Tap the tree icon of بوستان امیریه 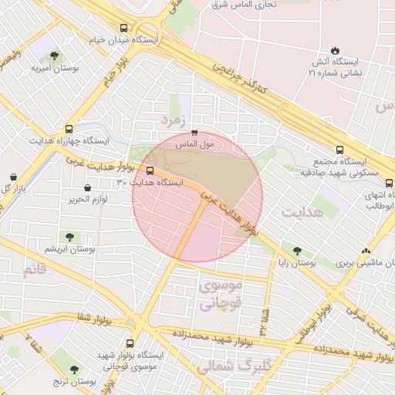coord(54,55)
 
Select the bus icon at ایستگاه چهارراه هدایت coord(70,130)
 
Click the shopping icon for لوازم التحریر coord(86,187)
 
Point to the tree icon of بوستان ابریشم coord(70,237)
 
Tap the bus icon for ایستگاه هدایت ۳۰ coord(150,171)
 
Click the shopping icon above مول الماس coord(194,132)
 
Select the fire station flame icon coord(334,47)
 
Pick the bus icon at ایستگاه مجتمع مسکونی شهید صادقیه coord(340,150)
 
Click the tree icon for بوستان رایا coord(297,251)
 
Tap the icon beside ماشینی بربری coord(366,251)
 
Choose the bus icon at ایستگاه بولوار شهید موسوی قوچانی coord(129,343)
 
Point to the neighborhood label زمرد coord(174,120)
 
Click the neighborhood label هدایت coord(301,211)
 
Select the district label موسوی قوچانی coord(221,294)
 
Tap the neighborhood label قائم coord(35,270)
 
